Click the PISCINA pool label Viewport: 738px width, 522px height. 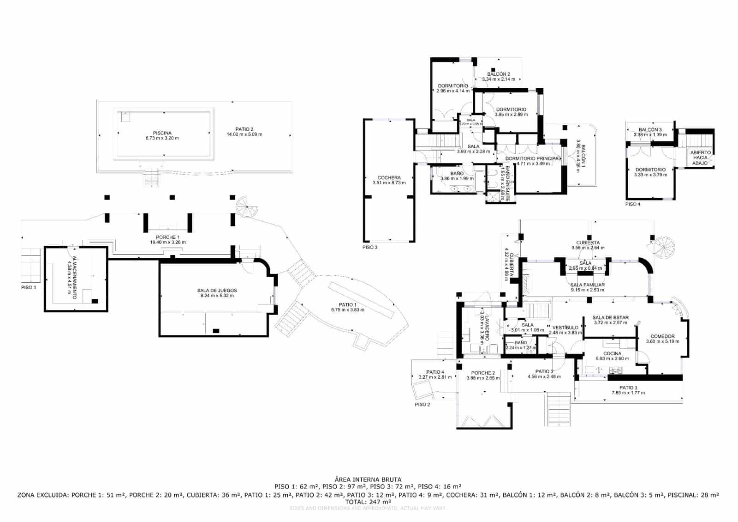[x=162, y=133]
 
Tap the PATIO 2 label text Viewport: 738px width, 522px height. [x=244, y=129]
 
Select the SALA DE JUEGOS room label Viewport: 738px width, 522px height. [x=217, y=291]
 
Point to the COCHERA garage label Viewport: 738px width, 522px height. [x=389, y=177]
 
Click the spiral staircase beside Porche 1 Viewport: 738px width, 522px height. [x=248, y=206]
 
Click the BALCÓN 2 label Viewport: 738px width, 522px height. [x=499, y=74]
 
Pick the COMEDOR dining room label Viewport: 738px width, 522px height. [x=662, y=336]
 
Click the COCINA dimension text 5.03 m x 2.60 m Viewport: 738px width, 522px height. [x=612, y=358]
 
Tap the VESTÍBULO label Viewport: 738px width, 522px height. [x=565, y=328]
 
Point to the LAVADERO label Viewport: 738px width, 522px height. [x=486, y=326]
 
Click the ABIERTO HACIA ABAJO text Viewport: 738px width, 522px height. [x=700, y=157]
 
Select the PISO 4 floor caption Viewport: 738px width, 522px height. [x=632, y=204]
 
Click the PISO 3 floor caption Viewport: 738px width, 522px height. [x=370, y=247]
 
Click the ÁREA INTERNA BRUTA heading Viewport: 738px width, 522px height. [x=368, y=480]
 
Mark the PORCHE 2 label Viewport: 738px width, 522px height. [x=483, y=373]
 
